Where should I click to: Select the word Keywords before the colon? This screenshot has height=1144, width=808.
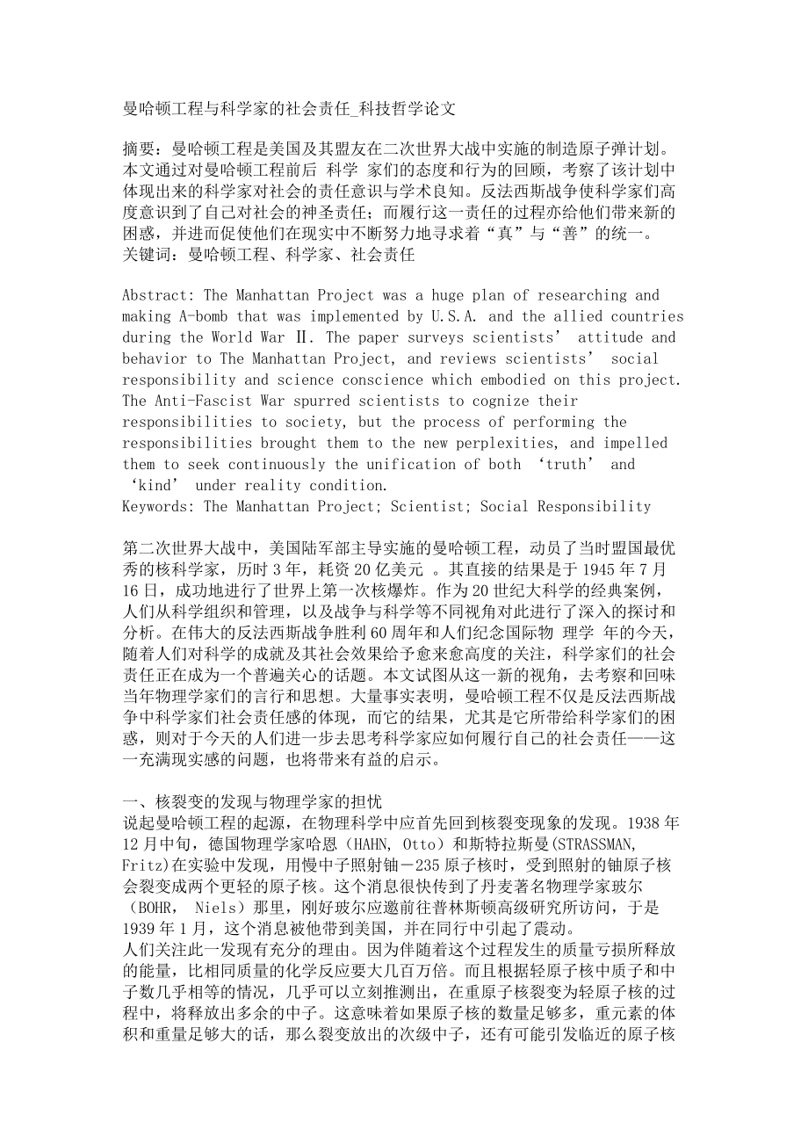[158, 506]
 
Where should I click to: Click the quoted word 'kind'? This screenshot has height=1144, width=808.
[155, 485]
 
